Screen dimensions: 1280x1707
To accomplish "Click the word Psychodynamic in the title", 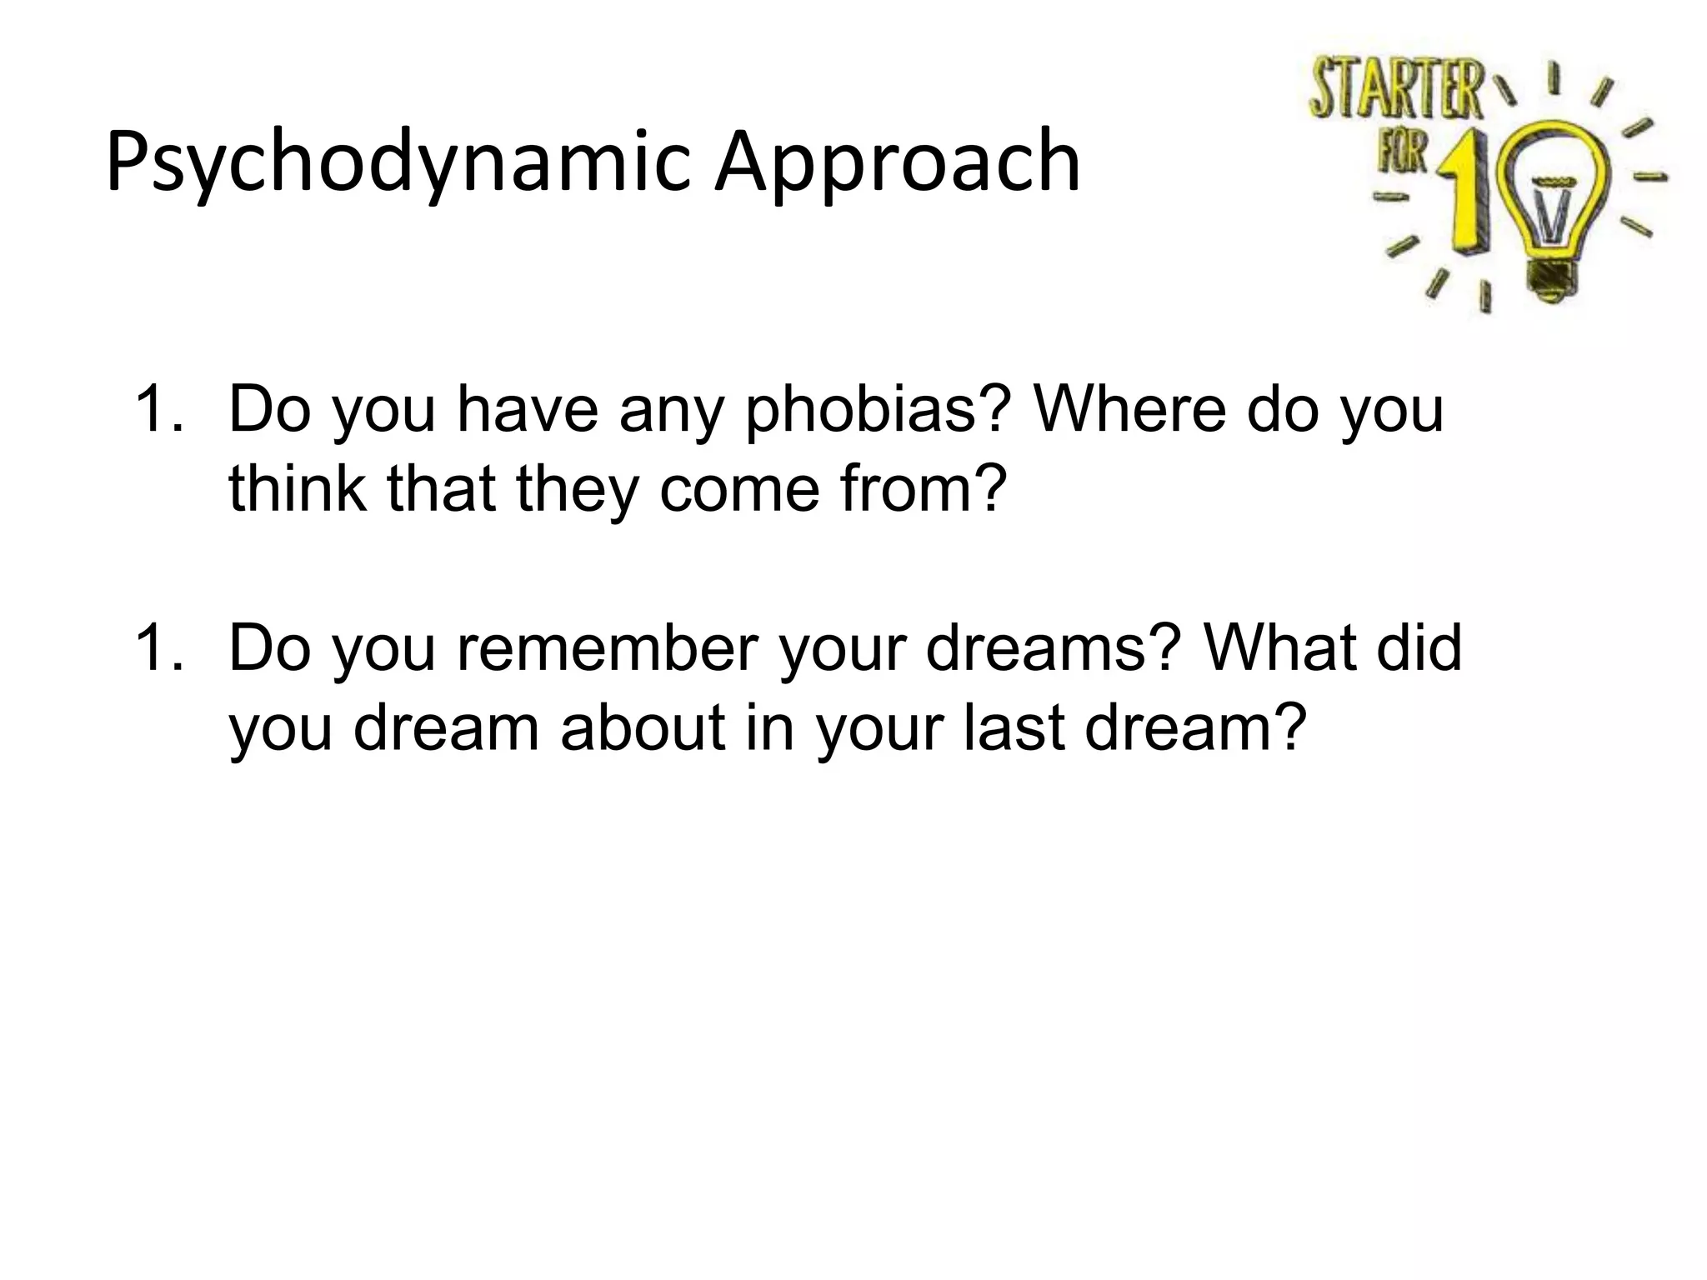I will point(398,162).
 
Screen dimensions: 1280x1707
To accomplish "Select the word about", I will point(643,727).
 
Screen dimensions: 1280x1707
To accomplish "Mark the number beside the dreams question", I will point(157,648).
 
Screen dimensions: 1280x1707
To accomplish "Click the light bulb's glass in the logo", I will point(1554,187).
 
